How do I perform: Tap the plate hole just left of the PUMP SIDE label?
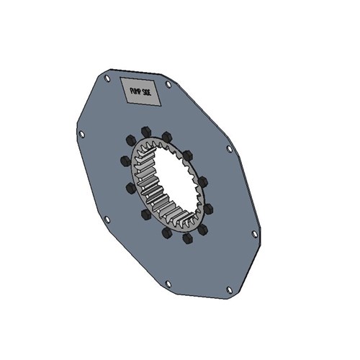click(107, 78)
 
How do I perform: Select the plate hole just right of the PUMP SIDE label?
click(168, 84)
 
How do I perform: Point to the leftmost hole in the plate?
click(81, 135)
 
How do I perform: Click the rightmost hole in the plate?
click(253, 233)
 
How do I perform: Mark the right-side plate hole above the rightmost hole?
click(230, 148)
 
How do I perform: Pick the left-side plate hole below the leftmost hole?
click(107, 220)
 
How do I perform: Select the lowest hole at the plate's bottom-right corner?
click(230, 289)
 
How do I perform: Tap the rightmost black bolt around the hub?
click(209, 209)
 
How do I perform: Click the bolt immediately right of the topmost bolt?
click(168, 135)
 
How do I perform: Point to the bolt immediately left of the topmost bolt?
click(130, 140)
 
